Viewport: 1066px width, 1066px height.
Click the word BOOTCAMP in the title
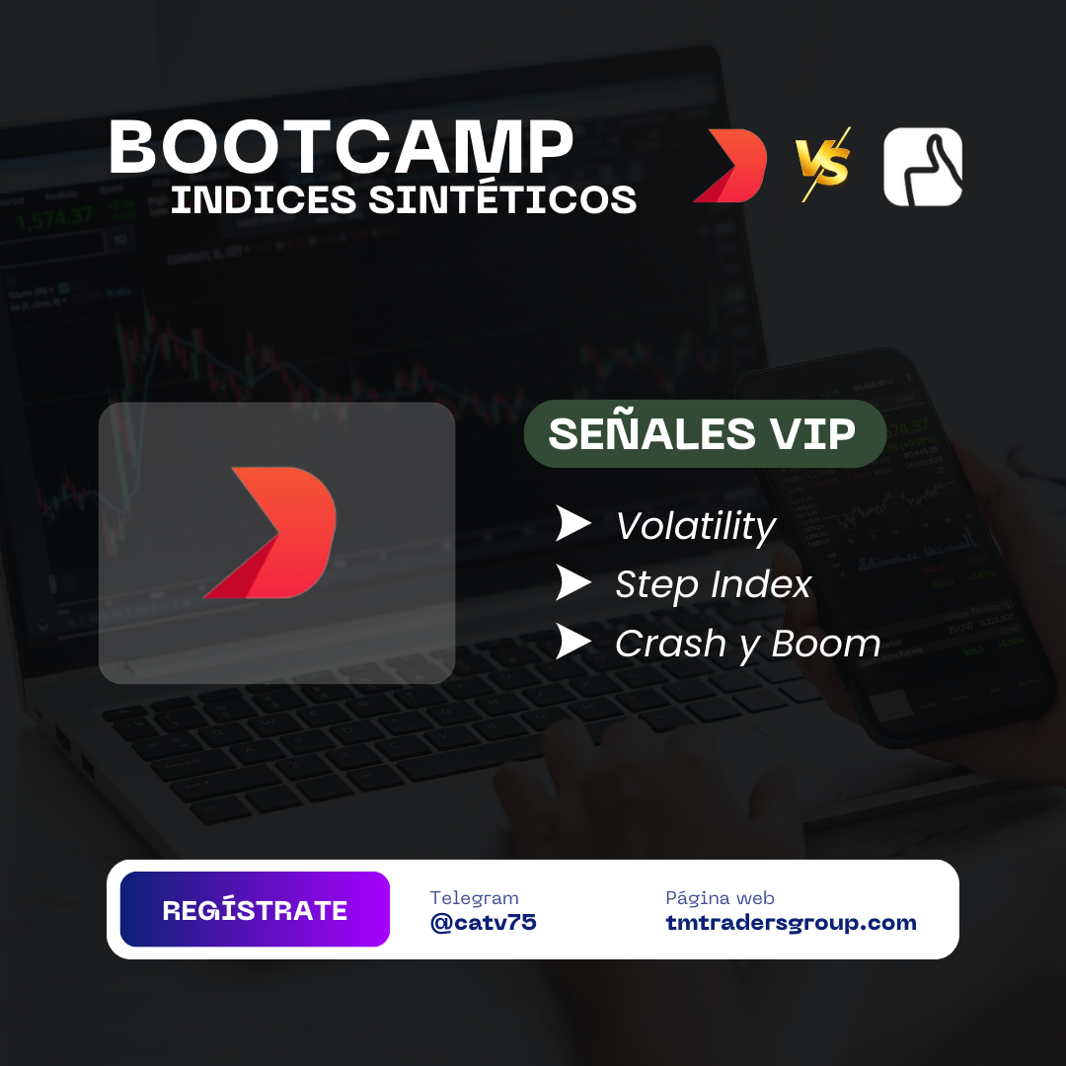click(342, 147)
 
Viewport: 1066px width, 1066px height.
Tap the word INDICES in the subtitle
click(264, 199)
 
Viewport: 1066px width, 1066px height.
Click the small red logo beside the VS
click(729, 166)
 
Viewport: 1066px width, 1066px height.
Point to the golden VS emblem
click(823, 164)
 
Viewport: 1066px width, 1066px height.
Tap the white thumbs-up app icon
click(923, 167)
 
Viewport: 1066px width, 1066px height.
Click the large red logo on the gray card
click(269, 532)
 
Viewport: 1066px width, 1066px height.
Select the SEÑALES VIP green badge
click(705, 433)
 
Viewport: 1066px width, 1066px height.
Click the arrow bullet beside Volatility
click(572, 523)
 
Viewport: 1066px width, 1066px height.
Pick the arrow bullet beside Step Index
click(572, 582)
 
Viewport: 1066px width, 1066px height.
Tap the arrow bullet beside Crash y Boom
click(572, 642)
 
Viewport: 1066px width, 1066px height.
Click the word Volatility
click(696, 526)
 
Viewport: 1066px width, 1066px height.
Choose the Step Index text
click(714, 584)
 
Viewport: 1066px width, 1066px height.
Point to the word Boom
click(826, 644)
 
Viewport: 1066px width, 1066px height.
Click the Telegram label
click(474, 898)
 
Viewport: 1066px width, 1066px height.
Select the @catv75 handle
click(483, 923)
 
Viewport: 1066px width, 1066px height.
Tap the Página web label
click(720, 898)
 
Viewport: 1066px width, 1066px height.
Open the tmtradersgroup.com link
click(791, 923)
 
